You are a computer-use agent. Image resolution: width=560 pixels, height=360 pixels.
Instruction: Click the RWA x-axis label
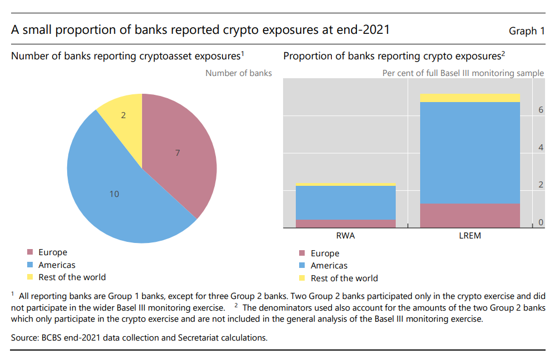click(345, 236)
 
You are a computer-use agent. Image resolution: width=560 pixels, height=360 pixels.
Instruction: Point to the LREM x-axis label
click(470, 236)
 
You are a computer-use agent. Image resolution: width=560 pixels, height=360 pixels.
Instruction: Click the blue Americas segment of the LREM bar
click(470, 153)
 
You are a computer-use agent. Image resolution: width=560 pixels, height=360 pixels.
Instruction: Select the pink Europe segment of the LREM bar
click(470, 216)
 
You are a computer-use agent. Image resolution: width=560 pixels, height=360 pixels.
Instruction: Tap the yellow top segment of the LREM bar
click(470, 98)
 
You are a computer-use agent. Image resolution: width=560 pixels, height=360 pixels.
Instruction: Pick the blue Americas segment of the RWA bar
click(345, 202)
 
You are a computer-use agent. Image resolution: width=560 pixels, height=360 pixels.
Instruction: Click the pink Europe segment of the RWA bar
click(345, 224)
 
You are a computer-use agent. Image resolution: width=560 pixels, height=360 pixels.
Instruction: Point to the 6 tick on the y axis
click(541, 110)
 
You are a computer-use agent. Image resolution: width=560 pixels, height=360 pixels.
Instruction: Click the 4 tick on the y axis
click(541, 148)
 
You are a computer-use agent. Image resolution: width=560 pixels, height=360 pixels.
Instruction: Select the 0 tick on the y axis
click(541, 222)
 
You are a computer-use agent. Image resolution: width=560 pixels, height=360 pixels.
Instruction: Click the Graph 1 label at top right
click(526, 31)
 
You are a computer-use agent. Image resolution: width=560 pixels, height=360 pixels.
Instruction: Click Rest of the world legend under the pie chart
click(72, 277)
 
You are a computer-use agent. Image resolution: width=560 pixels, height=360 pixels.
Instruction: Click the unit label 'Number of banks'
click(239, 73)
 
